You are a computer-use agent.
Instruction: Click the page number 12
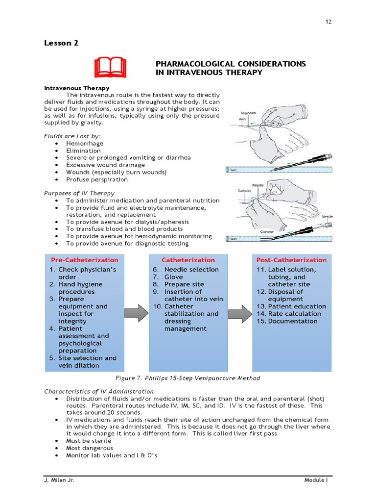tap(329, 22)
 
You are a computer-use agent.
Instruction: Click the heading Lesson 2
tap(61, 43)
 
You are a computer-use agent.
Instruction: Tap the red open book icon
tap(110, 68)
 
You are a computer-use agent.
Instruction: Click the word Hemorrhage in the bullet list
tap(85, 144)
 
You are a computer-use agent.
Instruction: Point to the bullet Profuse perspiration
tap(97, 179)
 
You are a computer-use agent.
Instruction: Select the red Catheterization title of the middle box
tap(188, 260)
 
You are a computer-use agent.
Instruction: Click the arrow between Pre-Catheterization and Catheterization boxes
tap(137, 313)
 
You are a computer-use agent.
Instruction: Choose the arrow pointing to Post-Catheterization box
tap(240, 313)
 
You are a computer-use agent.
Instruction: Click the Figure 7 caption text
tap(188, 378)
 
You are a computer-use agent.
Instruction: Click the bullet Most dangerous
tap(90, 448)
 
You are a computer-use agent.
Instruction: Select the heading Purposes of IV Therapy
tap(79, 193)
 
